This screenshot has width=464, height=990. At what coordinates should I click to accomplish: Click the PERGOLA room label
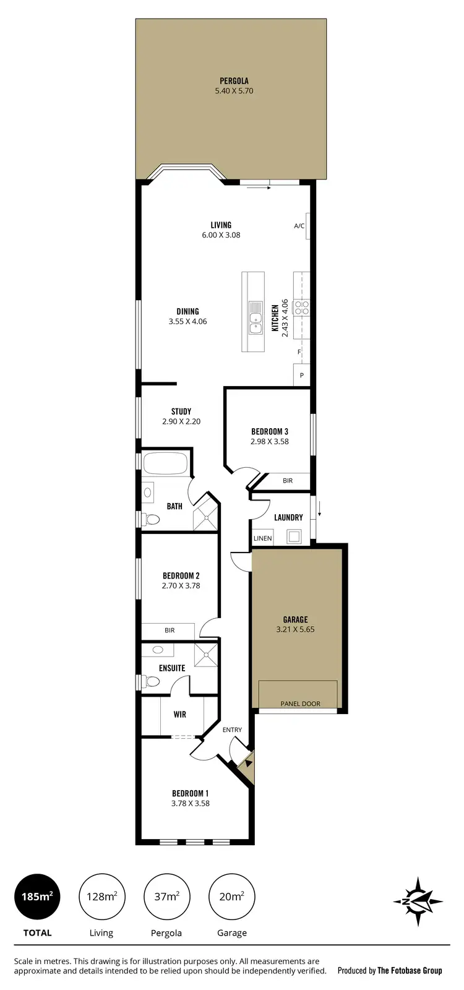point(234,80)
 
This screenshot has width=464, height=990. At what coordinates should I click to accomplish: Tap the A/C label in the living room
point(299,226)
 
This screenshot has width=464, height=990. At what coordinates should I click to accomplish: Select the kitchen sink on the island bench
point(255,313)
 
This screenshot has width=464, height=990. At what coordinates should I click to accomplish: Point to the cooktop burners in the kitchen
point(301,308)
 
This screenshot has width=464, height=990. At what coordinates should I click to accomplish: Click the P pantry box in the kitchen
point(302,375)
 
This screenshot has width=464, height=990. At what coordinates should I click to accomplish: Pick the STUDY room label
point(181,411)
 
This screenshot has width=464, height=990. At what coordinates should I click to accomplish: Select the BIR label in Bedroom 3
point(288,481)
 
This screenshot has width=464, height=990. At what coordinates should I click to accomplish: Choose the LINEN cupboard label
point(263,538)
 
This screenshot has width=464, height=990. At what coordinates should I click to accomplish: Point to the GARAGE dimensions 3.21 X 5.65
point(296,630)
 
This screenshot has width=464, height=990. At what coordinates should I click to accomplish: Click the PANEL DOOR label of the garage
point(300,704)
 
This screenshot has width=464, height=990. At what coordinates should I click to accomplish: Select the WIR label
point(180,715)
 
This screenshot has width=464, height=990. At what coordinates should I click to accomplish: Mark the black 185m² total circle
point(37,896)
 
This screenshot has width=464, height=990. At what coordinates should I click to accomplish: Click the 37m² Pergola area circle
point(166,896)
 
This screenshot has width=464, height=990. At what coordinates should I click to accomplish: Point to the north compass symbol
point(418,901)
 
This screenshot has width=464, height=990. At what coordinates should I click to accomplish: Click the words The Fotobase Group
point(410,971)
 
